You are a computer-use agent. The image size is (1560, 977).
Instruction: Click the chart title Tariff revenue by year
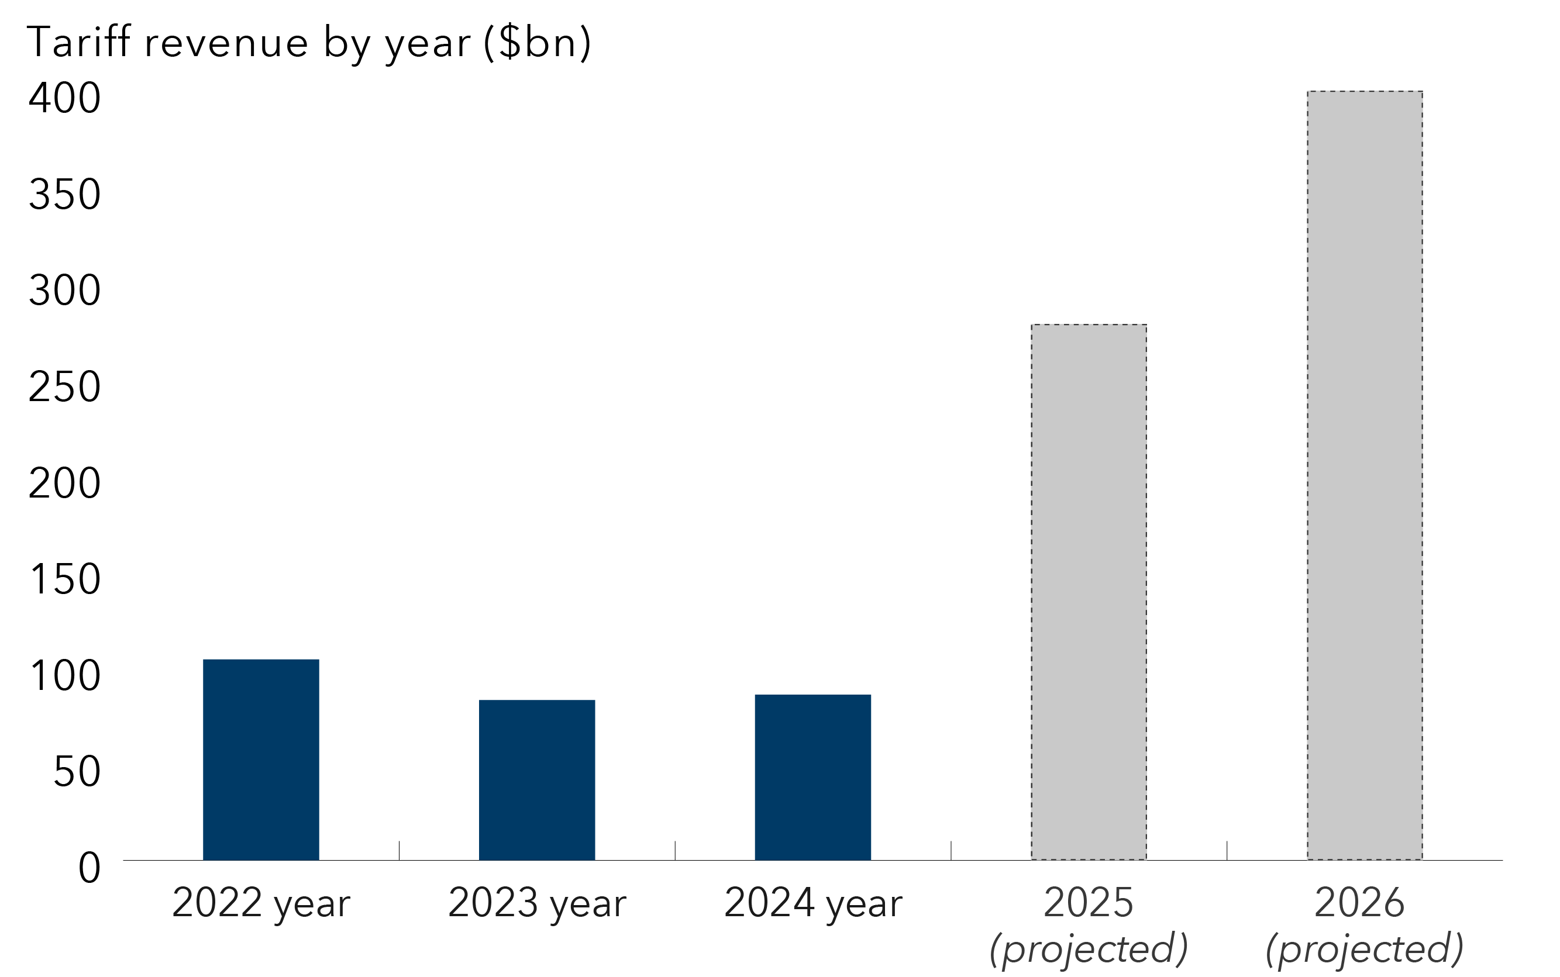pyautogui.click(x=309, y=43)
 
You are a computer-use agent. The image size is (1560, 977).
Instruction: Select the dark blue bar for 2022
pyautogui.click(x=260, y=759)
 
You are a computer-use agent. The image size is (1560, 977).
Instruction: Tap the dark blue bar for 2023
pyautogui.click(x=536, y=779)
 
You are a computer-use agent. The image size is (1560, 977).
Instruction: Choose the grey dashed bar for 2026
pyautogui.click(x=1364, y=475)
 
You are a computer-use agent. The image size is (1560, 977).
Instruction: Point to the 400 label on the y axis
pyautogui.click(x=64, y=98)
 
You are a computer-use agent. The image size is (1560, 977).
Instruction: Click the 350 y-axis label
pyautogui.click(x=64, y=195)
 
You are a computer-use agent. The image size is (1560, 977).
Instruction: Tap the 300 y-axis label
pyautogui.click(x=64, y=291)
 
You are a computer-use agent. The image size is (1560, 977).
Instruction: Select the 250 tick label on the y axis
pyautogui.click(x=64, y=387)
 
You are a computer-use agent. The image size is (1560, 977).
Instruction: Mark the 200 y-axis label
pyautogui.click(x=64, y=484)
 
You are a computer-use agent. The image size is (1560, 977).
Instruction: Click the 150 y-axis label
pyautogui.click(x=64, y=579)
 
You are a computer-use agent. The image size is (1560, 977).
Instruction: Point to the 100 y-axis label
pyautogui.click(x=64, y=676)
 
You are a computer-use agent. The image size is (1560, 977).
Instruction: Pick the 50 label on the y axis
pyautogui.click(x=76, y=772)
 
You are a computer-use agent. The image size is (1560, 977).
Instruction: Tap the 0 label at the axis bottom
pyautogui.click(x=89, y=868)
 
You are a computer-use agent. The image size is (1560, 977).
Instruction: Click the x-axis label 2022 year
pyautogui.click(x=260, y=903)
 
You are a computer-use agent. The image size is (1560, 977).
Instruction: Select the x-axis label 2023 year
pyautogui.click(x=536, y=903)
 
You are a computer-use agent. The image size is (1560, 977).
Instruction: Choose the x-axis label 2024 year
pyautogui.click(x=812, y=903)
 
